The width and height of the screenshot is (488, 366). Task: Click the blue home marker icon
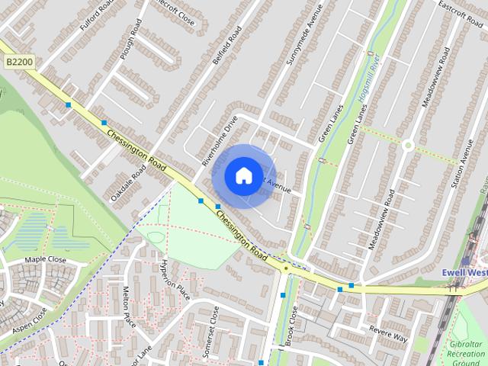[x=242, y=176]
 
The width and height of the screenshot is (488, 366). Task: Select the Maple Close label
[x=46, y=260]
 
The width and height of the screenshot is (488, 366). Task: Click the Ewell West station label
[x=465, y=272]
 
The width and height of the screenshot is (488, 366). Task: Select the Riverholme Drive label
[x=220, y=141]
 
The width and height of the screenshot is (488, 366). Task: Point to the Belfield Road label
[x=227, y=46]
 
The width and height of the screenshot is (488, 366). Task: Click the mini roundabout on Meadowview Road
[x=408, y=144]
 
